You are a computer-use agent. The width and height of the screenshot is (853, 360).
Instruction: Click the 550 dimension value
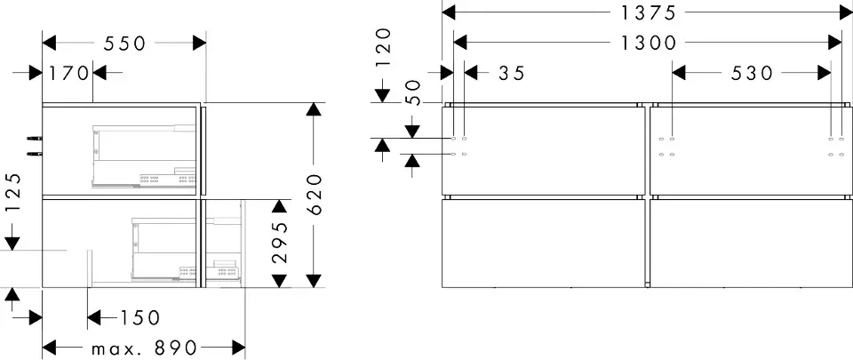[126, 44]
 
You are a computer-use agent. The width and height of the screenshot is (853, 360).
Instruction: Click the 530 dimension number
[753, 74]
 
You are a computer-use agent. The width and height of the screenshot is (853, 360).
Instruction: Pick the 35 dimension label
[510, 74]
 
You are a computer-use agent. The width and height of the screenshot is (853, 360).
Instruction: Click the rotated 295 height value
[279, 244]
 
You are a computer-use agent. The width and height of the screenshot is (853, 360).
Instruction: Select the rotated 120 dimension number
[383, 46]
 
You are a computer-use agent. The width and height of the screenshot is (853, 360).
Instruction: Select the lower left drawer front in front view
[543, 243]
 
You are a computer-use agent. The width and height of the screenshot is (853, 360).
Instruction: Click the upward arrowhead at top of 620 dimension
[314, 110]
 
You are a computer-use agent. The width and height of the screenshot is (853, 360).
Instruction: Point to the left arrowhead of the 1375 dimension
[450, 12]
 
